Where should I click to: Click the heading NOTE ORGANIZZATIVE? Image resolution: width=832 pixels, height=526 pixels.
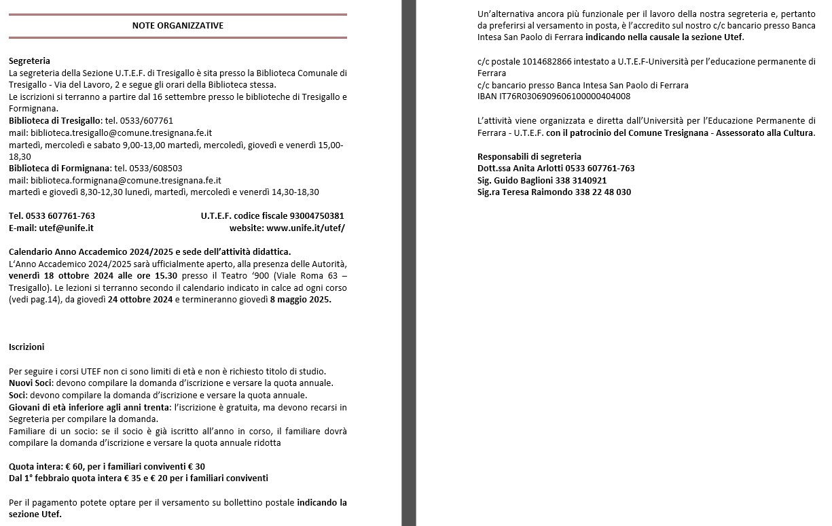click(177, 26)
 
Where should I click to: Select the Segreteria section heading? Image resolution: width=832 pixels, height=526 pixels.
click(29, 60)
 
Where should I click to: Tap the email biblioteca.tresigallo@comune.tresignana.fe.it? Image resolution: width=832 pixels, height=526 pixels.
click(121, 133)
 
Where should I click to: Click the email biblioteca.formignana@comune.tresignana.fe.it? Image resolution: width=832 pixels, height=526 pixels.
click(126, 180)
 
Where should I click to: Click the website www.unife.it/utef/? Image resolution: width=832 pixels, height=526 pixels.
click(306, 228)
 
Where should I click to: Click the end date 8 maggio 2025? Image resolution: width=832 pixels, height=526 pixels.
click(304, 300)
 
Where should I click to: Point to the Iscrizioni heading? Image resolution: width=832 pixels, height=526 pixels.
click(26, 347)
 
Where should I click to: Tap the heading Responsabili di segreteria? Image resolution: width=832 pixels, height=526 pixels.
click(529, 156)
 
